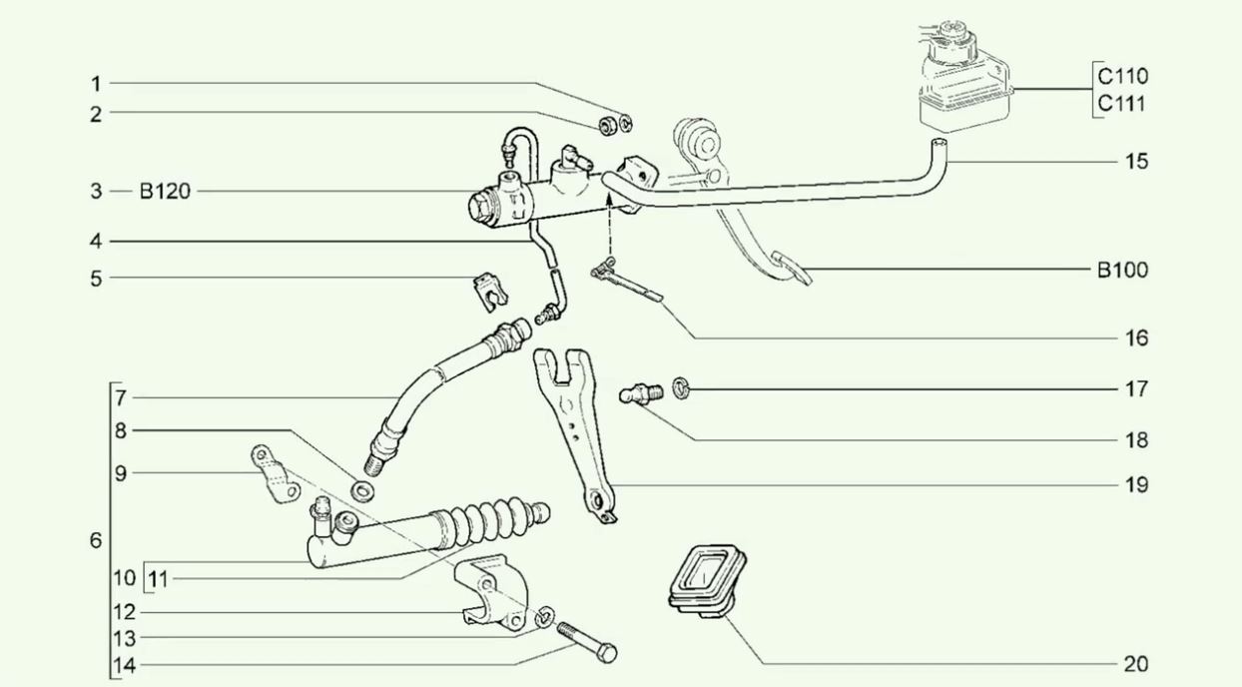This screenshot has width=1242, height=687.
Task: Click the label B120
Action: pos(164,191)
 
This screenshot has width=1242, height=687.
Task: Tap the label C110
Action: pos(1122,76)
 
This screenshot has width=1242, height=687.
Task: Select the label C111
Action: pos(1122,104)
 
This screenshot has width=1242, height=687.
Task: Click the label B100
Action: pos(1122,270)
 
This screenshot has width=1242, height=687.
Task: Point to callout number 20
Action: pos(1135,664)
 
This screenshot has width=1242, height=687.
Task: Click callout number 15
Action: pos(1135,161)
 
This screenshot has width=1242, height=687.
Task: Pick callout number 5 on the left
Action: pos(96,279)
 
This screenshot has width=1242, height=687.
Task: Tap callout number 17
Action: pos(1135,388)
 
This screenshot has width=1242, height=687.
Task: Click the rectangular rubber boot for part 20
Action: pos(706,578)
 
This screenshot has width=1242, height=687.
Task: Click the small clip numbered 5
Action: pos(487,290)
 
